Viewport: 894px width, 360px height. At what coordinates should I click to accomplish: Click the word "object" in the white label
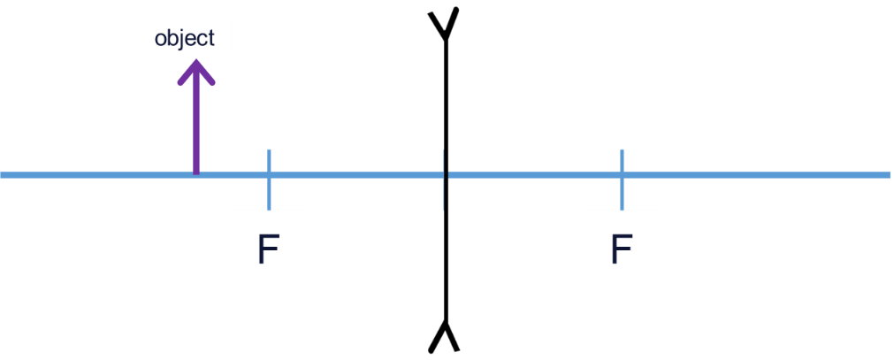(x=184, y=38)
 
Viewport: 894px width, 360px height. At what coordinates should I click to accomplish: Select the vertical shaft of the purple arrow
(x=195, y=124)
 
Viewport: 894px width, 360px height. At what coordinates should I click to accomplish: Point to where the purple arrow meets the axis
(x=195, y=173)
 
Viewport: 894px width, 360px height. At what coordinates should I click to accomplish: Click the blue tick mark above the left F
(x=269, y=161)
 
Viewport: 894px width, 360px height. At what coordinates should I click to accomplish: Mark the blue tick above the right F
(x=623, y=161)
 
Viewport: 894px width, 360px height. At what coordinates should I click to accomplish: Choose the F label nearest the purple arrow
(x=268, y=249)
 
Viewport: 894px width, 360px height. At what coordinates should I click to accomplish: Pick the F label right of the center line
(x=622, y=249)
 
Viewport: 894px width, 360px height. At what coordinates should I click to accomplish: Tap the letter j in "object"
(x=181, y=39)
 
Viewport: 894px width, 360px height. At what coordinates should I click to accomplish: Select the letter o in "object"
(x=160, y=39)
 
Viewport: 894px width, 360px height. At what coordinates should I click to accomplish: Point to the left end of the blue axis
(x=4, y=175)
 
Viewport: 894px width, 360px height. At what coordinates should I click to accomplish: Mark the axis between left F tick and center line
(x=354, y=175)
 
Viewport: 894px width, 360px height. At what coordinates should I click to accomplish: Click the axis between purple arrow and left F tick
(x=232, y=175)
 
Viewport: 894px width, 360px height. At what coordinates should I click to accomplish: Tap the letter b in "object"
(x=172, y=38)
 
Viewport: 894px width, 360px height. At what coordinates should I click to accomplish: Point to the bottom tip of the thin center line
(x=444, y=210)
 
